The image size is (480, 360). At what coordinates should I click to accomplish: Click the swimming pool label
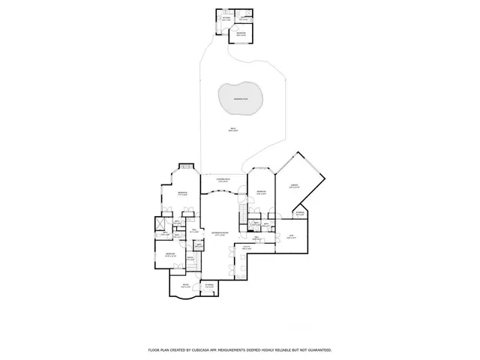point(240,98)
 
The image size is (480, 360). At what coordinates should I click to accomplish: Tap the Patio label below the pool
point(233,129)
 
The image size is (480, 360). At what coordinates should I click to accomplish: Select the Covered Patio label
point(223,179)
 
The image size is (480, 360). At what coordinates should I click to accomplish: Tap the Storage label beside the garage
point(300,213)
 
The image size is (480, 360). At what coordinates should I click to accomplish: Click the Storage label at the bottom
point(209,285)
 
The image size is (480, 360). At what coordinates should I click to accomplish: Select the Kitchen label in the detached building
point(226,16)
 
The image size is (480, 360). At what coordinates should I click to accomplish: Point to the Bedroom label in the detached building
point(241,34)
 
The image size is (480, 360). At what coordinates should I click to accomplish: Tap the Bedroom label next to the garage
point(259,192)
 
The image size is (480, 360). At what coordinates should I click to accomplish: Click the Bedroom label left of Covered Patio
point(182,193)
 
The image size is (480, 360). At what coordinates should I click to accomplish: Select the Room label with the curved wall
point(184,285)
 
